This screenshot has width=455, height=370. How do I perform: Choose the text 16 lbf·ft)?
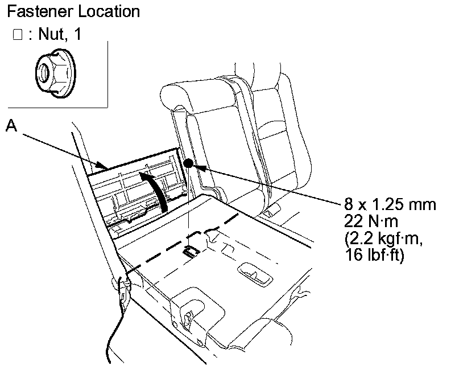[376, 254]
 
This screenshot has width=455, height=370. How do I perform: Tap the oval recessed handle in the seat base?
[257, 273]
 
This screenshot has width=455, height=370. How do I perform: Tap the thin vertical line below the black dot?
[188, 205]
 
